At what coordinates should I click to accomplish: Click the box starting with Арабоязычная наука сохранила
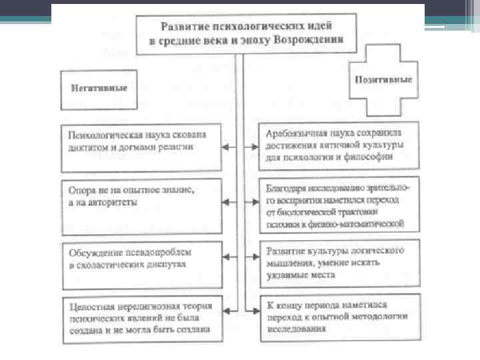pos(339,146)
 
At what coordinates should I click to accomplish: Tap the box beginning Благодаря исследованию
pos(339,203)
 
